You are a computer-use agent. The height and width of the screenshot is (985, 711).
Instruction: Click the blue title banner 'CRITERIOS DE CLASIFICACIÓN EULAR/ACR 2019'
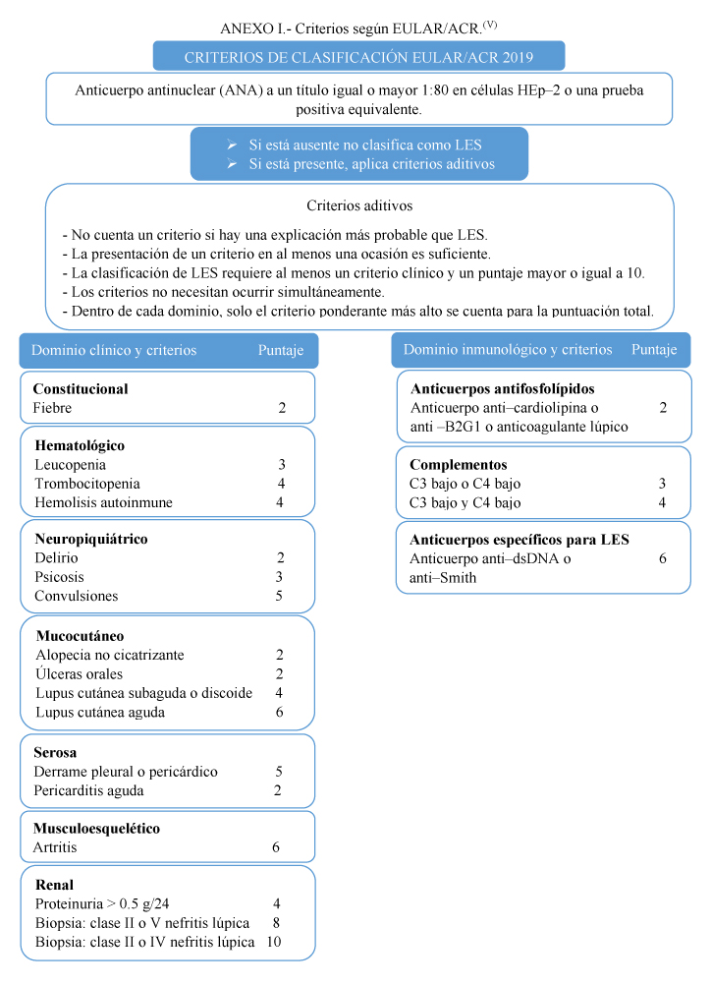tap(358, 57)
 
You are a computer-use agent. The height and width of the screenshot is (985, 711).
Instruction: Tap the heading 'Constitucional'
tap(81, 388)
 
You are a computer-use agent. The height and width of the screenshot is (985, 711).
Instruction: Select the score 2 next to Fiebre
tap(282, 408)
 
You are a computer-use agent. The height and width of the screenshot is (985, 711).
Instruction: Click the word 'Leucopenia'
tap(70, 465)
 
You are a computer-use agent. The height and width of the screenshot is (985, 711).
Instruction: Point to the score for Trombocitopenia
tap(281, 484)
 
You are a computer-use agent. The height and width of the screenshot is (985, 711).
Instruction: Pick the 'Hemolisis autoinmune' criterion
tap(103, 502)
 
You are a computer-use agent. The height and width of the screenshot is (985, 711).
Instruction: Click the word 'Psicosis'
tap(59, 577)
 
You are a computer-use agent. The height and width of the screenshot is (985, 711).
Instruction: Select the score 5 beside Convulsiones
tap(281, 596)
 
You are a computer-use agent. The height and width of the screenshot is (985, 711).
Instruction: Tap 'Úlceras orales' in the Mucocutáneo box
tap(79, 673)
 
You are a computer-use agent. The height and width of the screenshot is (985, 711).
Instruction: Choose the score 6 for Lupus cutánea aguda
tap(281, 712)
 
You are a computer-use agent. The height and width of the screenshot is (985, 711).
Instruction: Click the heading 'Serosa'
tap(55, 753)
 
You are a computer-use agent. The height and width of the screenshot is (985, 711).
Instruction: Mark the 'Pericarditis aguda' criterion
tap(88, 790)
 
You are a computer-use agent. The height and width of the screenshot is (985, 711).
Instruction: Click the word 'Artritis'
tap(55, 847)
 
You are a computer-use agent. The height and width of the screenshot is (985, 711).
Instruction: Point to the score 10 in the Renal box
tap(273, 942)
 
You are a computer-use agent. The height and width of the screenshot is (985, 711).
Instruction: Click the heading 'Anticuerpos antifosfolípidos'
tap(503, 388)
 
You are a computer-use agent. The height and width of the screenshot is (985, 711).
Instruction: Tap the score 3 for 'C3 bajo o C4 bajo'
tap(662, 484)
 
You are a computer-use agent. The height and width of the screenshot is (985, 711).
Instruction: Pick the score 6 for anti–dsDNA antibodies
tap(662, 558)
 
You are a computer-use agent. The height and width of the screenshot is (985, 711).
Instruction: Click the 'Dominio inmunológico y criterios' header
tap(508, 350)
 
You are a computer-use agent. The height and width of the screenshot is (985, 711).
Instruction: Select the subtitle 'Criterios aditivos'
tap(359, 206)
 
